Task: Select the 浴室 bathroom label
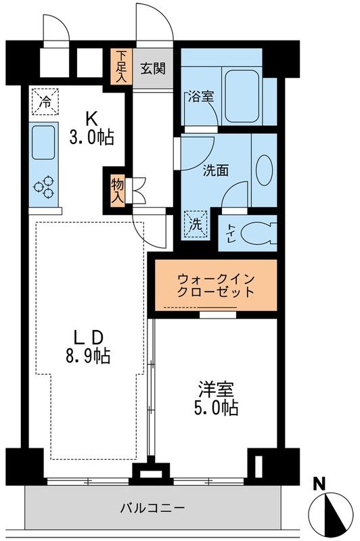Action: (x=200, y=97)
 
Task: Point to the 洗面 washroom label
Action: (x=216, y=170)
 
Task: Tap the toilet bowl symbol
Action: (x=255, y=233)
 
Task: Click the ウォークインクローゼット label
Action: (x=217, y=286)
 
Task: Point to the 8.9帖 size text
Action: (x=89, y=354)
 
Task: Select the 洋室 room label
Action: (x=216, y=389)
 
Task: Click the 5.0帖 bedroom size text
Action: (x=216, y=408)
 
